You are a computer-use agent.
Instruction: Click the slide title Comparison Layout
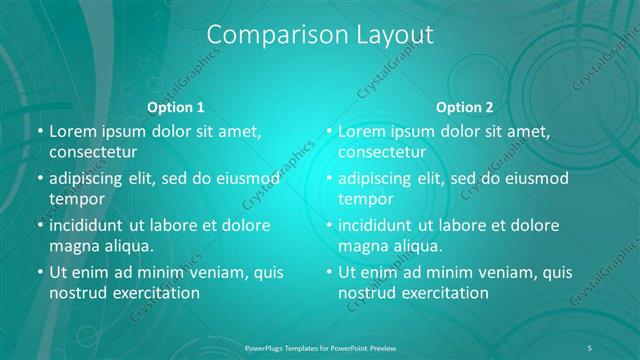(x=320, y=35)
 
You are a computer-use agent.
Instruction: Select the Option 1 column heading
(x=176, y=107)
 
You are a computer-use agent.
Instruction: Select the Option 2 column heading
(x=465, y=107)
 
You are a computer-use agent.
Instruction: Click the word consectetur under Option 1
(x=92, y=152)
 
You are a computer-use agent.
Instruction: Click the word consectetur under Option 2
(x=382, y=152)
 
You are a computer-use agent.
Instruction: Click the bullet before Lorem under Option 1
(x=39, y=131)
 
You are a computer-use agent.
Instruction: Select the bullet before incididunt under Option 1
(x=39, y=225)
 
